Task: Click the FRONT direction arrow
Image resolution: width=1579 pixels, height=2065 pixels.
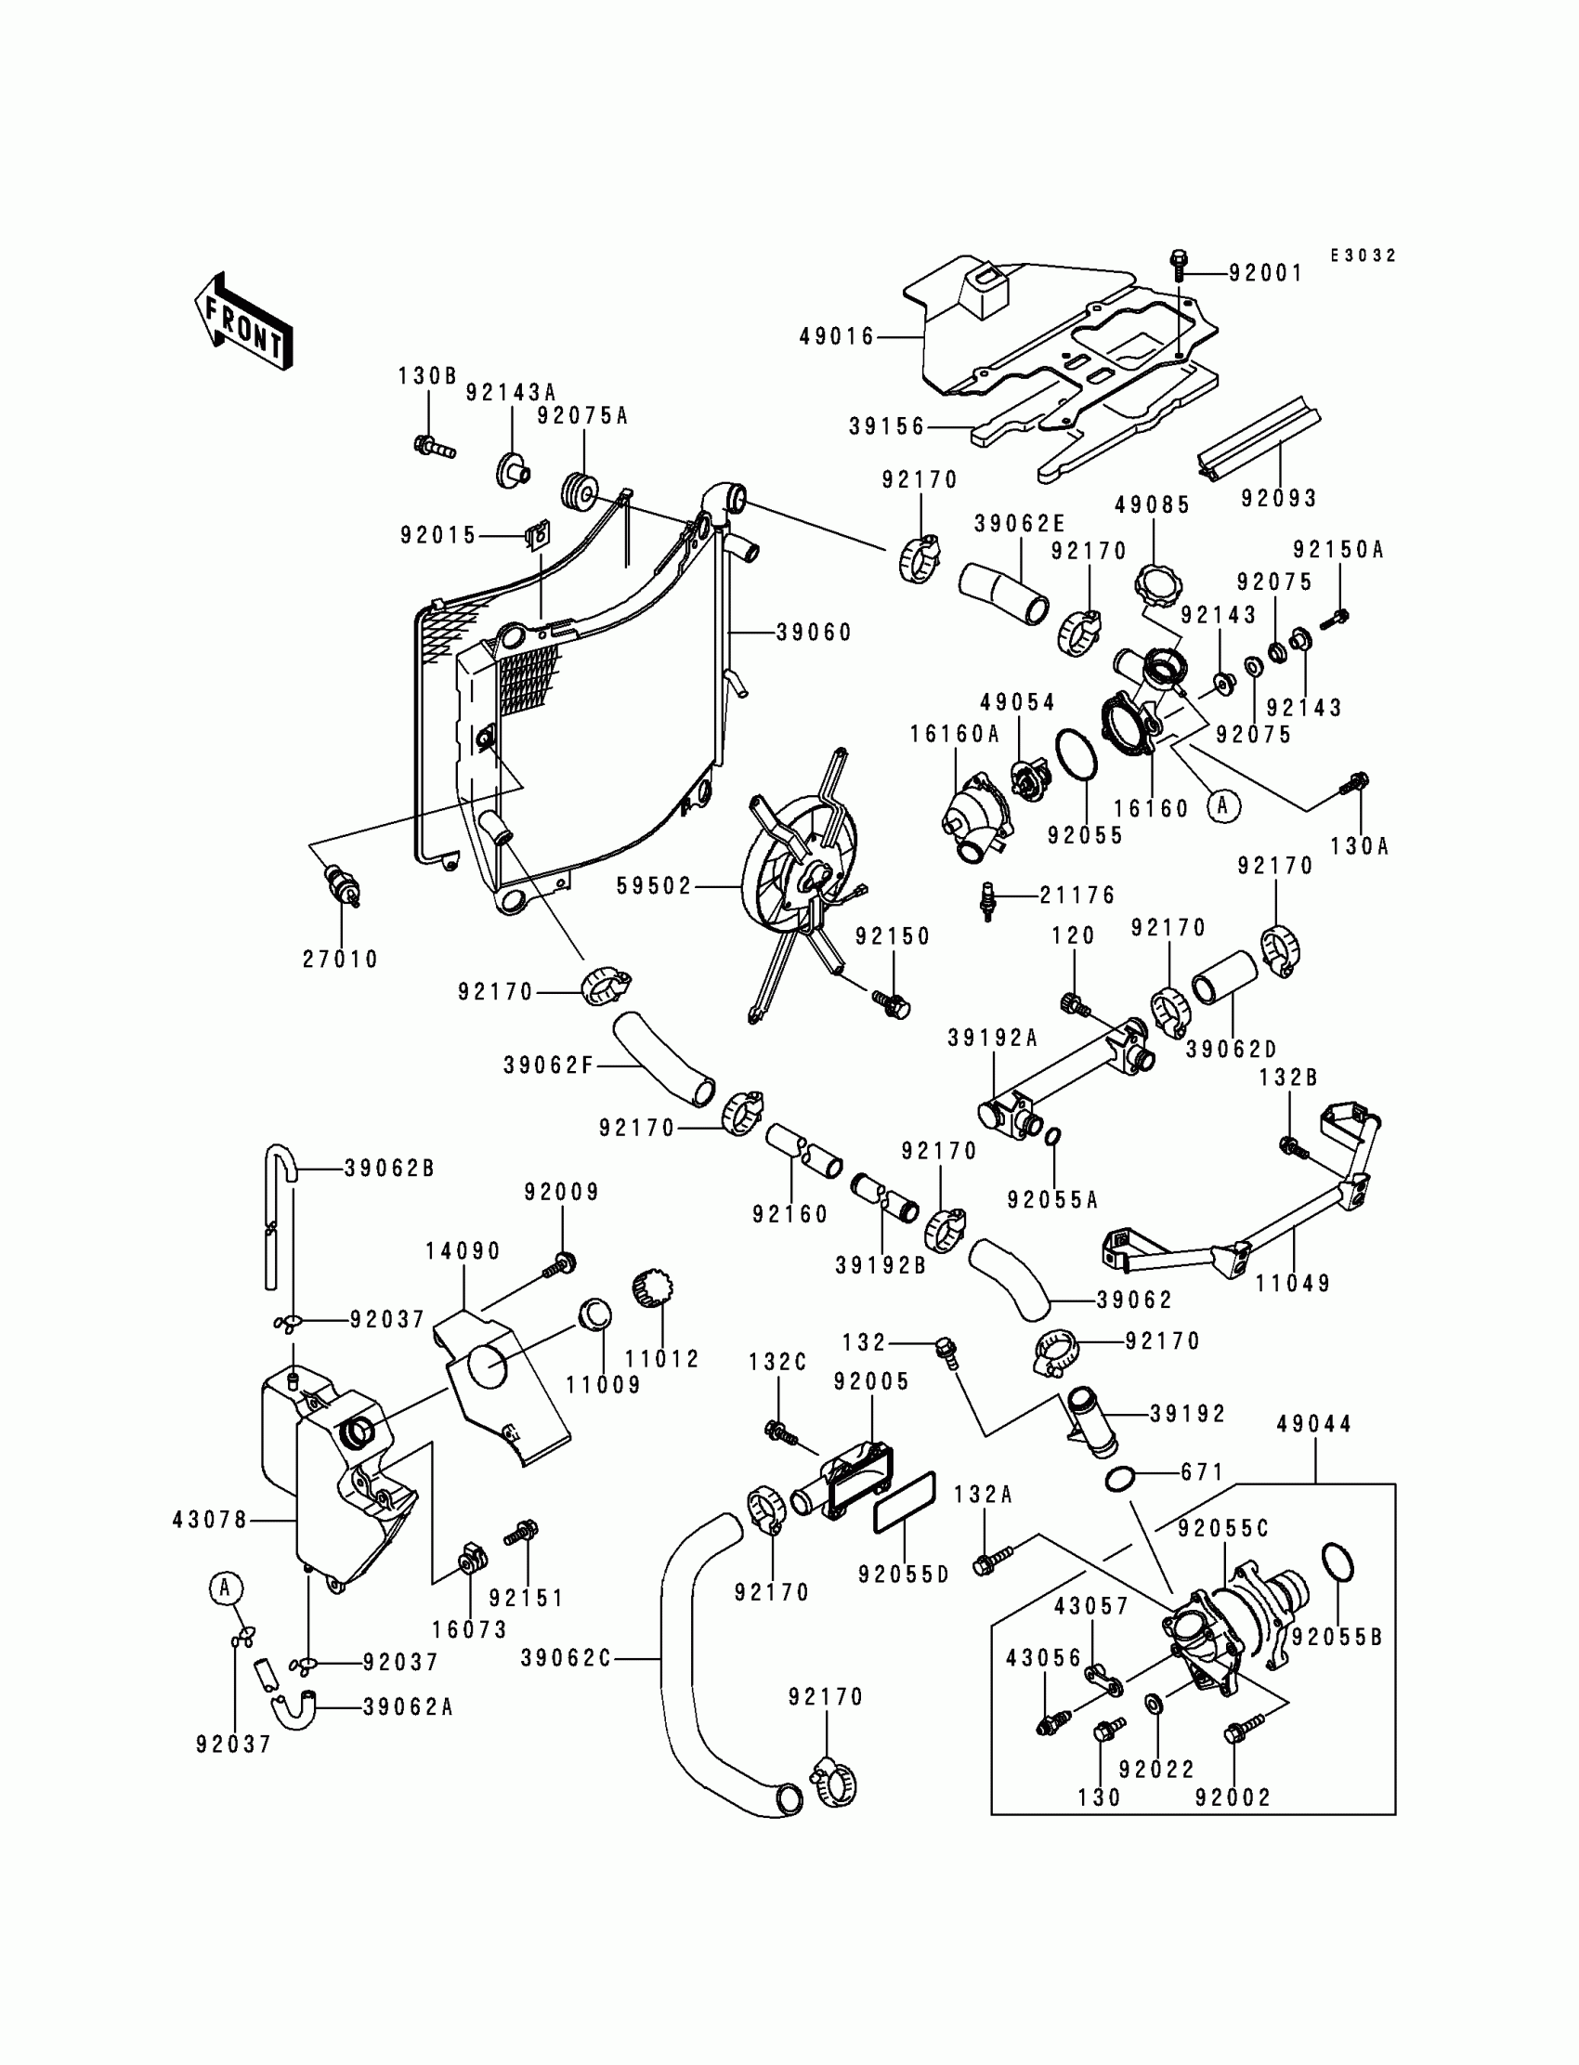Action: pos(242,321)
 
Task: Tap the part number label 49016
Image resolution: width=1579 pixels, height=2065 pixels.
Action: pos(838,336)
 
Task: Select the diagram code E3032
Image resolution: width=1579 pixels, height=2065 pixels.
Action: pos(1363,255)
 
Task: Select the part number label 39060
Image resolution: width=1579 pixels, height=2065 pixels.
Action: pos(814,633)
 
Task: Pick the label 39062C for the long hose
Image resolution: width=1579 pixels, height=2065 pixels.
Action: pos(566,1659)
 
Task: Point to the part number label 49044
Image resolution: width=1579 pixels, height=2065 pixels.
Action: pos(1314,1424)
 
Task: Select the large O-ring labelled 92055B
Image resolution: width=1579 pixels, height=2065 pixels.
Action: pos(1338,1563)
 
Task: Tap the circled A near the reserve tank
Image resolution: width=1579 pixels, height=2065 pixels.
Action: pos(225,1589)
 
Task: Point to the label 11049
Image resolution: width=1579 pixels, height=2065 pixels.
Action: pos(1293,1283)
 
